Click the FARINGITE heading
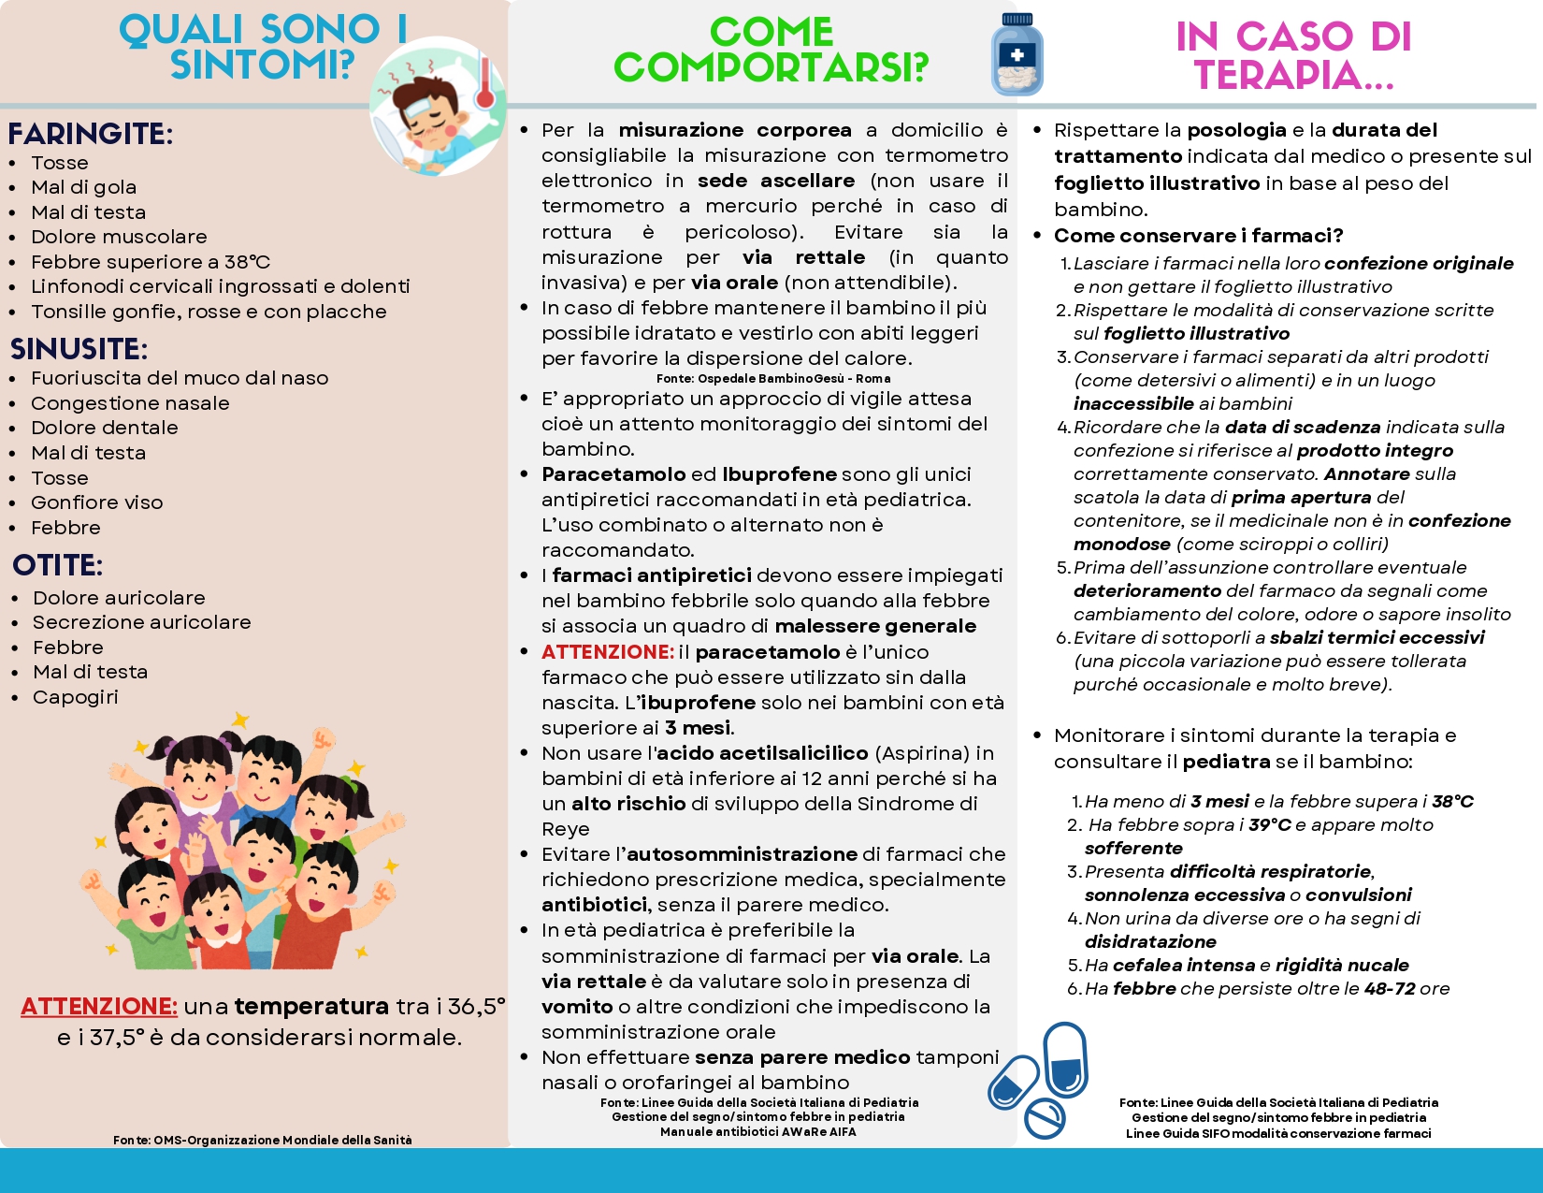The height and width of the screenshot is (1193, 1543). [90, 134]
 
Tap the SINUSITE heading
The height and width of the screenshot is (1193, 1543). [79, 349]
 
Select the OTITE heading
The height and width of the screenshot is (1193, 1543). [58, 565]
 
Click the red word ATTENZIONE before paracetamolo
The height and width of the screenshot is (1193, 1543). [608, 652]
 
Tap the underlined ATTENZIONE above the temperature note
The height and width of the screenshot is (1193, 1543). [99, 1007]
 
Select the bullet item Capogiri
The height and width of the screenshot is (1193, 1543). [76, 697]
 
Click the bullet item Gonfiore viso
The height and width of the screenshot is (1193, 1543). [97, 502]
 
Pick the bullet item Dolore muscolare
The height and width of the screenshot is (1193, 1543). [119, 237]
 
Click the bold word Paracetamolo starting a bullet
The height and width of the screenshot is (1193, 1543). [614, 474]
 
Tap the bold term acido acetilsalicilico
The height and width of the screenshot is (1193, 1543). [762, 753]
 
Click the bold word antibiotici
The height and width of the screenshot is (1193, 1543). [594, 905]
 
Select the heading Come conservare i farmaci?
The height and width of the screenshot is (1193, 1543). [1198, 236]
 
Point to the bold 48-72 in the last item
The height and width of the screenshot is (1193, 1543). [1390, 989]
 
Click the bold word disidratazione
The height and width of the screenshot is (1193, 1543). [1150, 942]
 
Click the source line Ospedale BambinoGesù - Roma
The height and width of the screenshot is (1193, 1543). [773, 379]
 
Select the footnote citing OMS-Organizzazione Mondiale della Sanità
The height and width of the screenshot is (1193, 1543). [263, 1140]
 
